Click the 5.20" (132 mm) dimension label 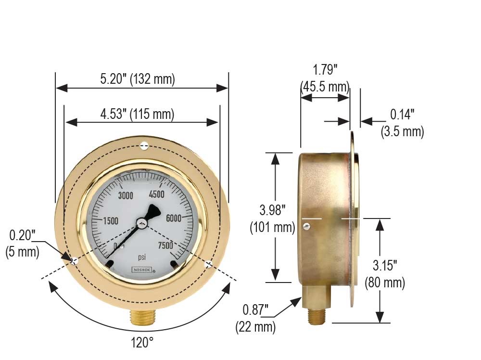138,79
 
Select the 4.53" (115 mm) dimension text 137,115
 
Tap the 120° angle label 142,343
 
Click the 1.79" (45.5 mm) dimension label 325,78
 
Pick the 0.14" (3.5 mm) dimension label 402,123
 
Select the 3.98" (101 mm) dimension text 272,219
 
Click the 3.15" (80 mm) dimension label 385,274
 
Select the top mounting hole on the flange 144,146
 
